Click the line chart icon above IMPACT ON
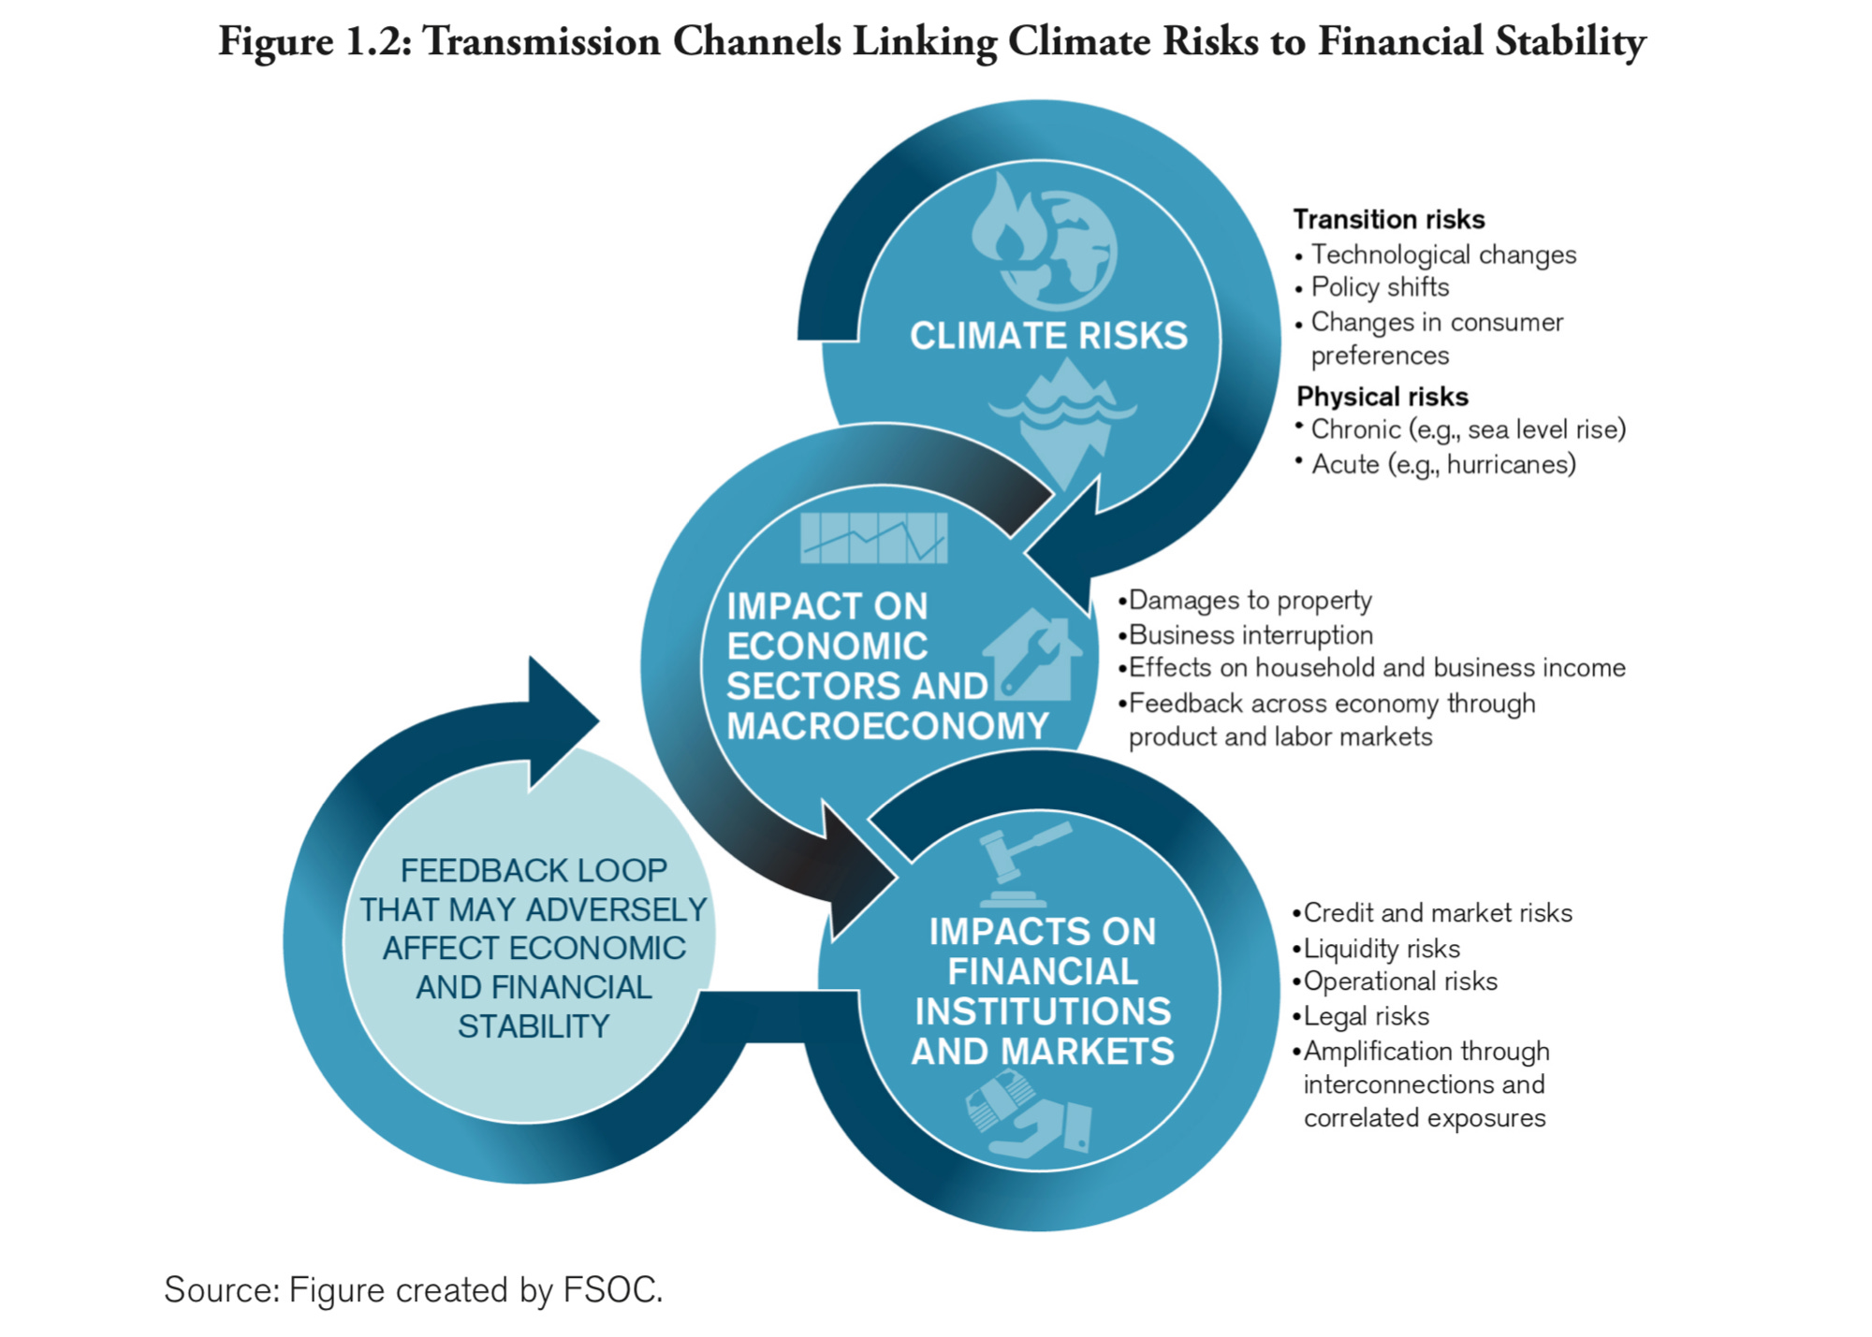[874, 537]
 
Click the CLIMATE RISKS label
[1048, 336]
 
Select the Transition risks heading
[1388, 219]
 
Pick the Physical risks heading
[1382, 397]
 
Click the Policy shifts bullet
[1379, 287]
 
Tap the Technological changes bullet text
[1442, 254]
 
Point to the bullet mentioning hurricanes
[1442, 464]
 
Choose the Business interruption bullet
[1250, 635]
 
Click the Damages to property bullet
[1250, 600]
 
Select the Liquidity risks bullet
[1381, 949]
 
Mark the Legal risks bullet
[1366, 1016]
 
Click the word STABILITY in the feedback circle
[534, 1026]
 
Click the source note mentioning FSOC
[413, 1289]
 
